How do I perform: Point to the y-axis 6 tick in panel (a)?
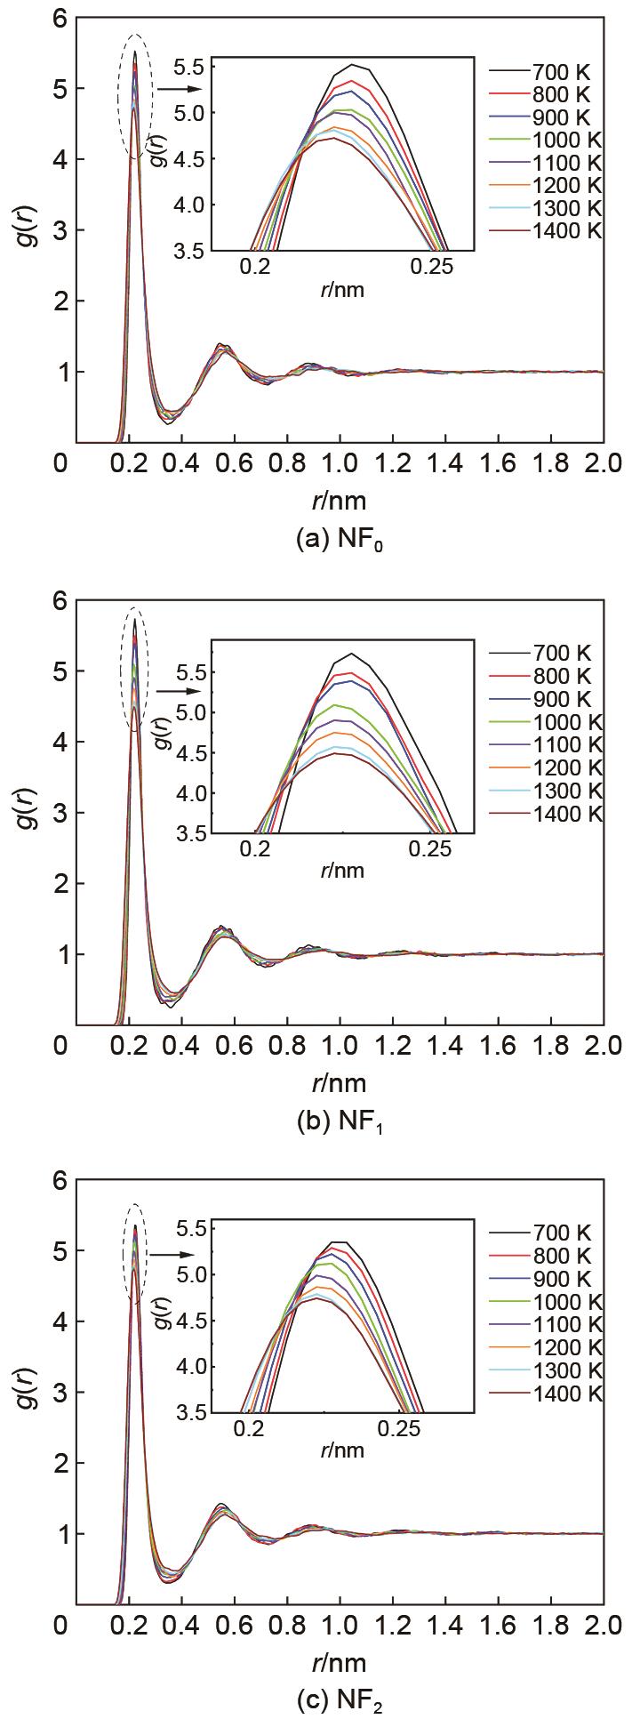(60, 19)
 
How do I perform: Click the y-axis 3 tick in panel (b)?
(60, 813)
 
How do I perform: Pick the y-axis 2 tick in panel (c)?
(60, 1463)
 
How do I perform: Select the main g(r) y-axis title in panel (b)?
(27, 813)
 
